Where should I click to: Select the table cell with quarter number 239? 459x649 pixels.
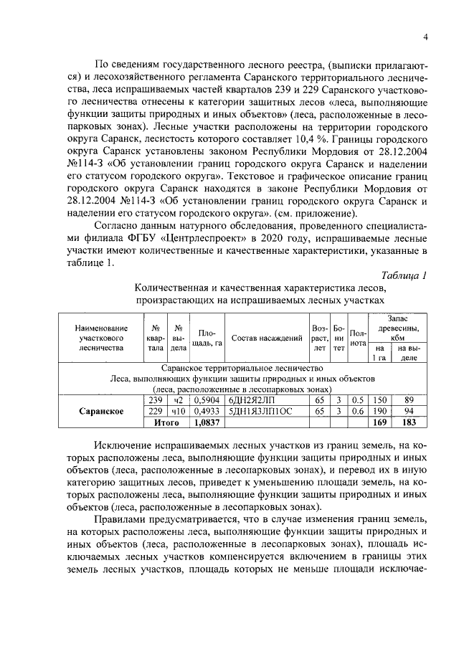click(155, 399)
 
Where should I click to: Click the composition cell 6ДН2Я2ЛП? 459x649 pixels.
click(250, 399)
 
